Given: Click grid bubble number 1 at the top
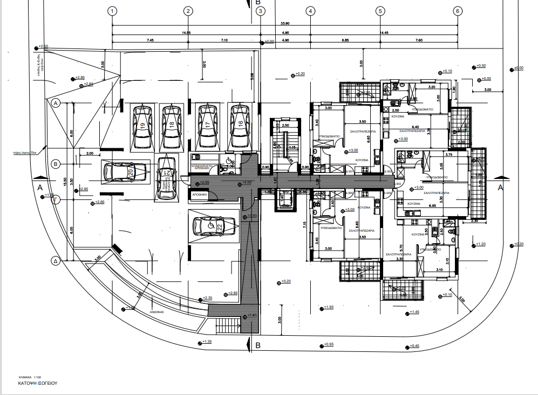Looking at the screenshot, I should (112, 11).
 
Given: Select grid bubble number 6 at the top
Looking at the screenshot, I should (457, 11).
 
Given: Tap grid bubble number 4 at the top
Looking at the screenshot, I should (310, 11).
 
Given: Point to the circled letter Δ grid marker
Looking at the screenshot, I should (55, 261).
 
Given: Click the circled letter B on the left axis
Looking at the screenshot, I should (55, 163).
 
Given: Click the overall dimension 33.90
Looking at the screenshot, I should (285, 23).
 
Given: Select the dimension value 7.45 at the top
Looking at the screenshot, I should (150, 40).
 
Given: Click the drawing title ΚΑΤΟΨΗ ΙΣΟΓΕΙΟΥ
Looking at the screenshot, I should (37, 384).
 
